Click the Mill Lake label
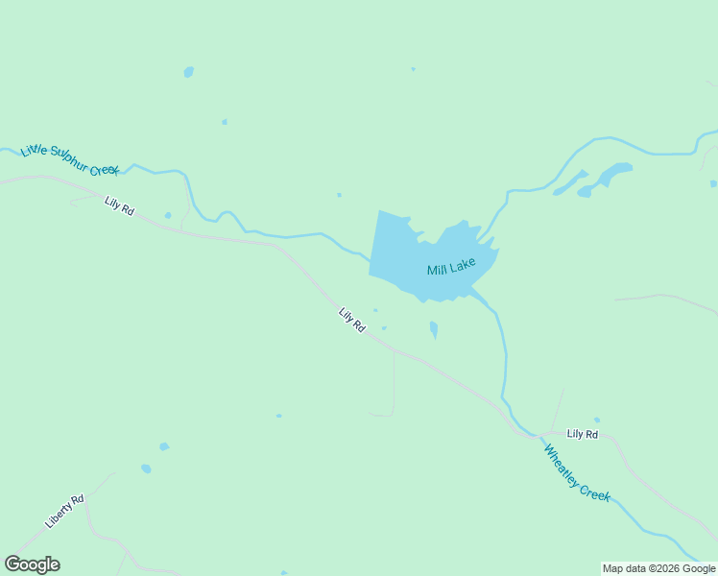tap(451, 266)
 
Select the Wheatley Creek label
tap(577, 472)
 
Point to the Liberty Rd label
tap(65, 511)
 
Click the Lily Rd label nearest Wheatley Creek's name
tap(582, 434)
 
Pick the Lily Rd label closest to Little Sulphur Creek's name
tap(119, 205)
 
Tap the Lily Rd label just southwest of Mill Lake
tap(352, 320)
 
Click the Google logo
tap(32, 564)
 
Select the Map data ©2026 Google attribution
tap(659, 568)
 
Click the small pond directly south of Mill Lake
tap(434, 329)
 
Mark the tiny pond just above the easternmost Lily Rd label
tap(597, 420)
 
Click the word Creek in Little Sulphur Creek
tap(106, 170)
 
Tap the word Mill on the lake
tap(437, 270)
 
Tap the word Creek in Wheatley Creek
tap(597, 491)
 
